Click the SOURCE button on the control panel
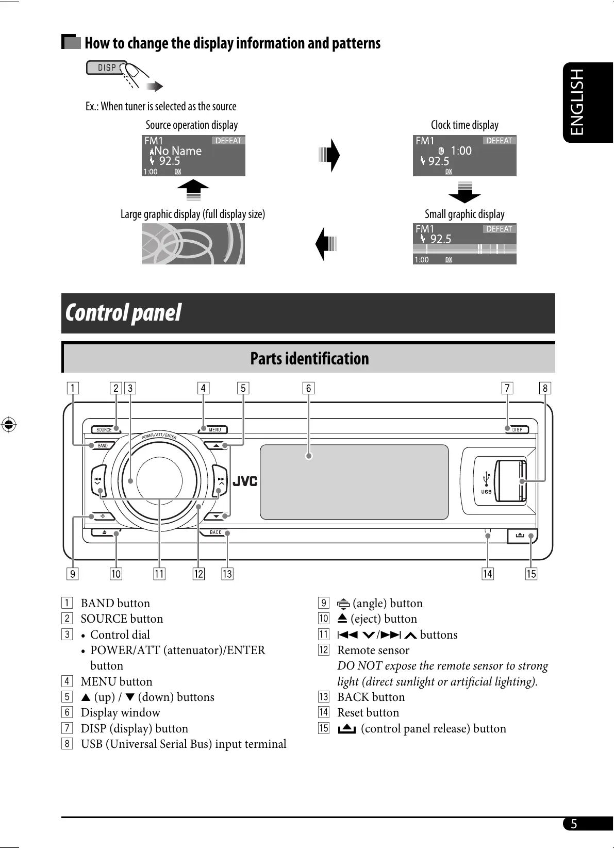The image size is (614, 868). point(104,429)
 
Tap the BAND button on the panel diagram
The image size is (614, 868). point(103,445)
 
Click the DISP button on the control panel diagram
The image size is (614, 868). point(517,429)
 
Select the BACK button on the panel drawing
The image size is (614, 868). point(215,532)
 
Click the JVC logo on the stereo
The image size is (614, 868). point(245,481)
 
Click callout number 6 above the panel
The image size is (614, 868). point(308,388)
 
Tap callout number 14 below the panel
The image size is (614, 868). point(487,574)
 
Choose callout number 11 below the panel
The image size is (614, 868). point(159,574)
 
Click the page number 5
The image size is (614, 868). point(573,824)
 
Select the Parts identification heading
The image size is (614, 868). point(309,358)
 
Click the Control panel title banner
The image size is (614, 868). point(308,313)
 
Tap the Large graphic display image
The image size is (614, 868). point(193,244)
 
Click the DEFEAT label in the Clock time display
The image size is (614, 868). point(499,141)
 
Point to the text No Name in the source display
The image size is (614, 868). point(178,151)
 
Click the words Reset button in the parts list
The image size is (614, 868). point(368,712)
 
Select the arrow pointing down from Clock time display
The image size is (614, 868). point(464,192)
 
